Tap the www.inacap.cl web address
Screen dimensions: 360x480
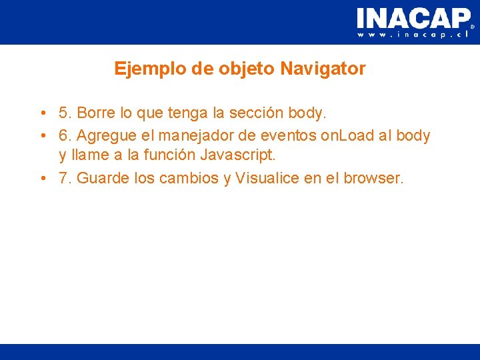click(413, 34)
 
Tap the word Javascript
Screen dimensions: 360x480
click(237, 155)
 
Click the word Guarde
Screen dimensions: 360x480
click(103, 179)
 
